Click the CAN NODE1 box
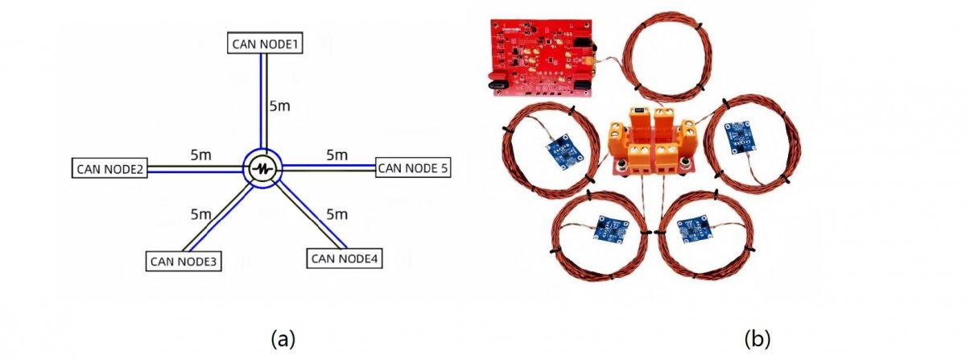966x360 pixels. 265,43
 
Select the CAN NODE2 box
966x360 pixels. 109,168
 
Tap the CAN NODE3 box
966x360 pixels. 184,261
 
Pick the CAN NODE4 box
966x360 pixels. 345,259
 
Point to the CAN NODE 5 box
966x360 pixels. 413,168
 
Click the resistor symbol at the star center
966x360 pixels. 263,169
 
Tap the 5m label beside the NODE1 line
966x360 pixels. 280,106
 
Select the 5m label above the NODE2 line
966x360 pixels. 201,155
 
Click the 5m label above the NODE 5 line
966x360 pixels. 336,155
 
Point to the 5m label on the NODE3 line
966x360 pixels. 201,214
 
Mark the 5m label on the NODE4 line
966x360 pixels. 336,214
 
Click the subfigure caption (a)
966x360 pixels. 283,339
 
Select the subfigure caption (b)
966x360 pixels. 758,339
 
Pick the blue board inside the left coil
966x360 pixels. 565,152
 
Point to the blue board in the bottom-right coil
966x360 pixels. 695,230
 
